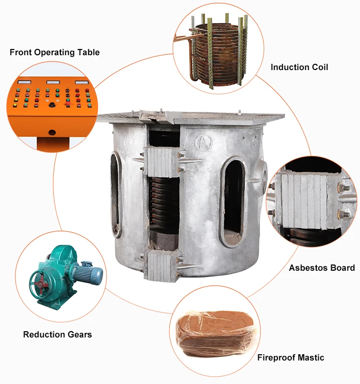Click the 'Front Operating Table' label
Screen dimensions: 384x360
(x=55, y=52)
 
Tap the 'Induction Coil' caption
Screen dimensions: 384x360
(x=300, y=67)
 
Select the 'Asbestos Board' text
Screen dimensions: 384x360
(x=322, y=268)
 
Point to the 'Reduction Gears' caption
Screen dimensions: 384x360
(x=58, y=335)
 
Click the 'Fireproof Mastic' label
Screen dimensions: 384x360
(x=290, y=358)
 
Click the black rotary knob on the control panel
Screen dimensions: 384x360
(x=48, y=102)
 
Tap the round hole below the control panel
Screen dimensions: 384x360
(x=52, y=132)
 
